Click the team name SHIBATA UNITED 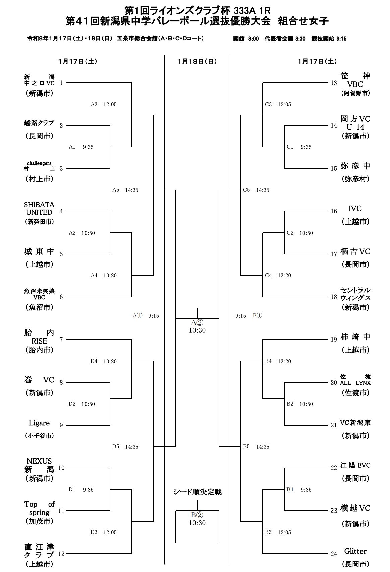[x=39, y=208]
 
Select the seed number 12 [x=61, y=554]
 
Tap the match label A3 [x=94, y=104]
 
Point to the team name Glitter [x=355, y=551]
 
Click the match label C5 [x=246, y=190]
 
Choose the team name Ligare [x=39, y=423]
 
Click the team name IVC [x=355, y=209]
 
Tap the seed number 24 [x=333, y=554]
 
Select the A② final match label [x=197, y=323]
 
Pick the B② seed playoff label [x=197, y=515]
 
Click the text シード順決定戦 [x=197, y=492]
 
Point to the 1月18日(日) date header [x=197, y=61]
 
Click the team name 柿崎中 [x=355, y=337]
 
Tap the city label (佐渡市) [x=355, y=393]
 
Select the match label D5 [x=116, y=447]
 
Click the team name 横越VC [x=355, y=508]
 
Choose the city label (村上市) [x=40, y=179]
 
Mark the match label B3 [x=268, y=532]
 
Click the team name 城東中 [x=39, y=251]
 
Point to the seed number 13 [x=333, y=83]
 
